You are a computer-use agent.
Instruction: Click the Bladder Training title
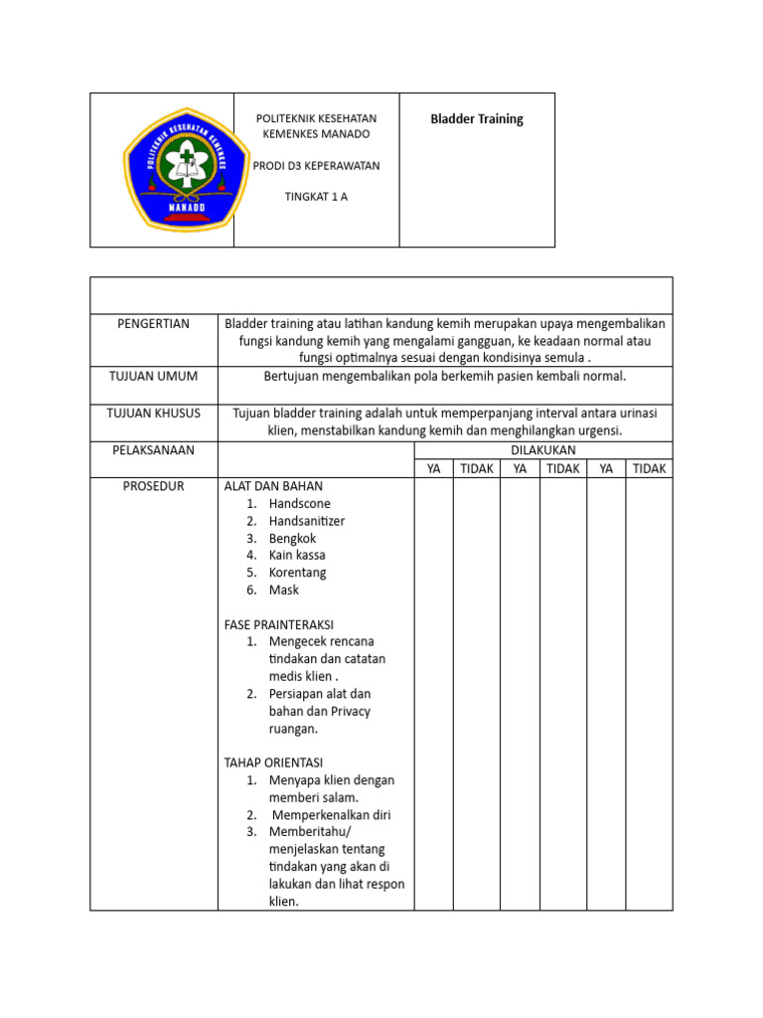point(476,119)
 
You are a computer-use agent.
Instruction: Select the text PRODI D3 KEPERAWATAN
point(316,165)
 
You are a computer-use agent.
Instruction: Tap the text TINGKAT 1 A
point(316,196)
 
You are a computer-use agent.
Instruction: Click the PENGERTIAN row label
point(153,324)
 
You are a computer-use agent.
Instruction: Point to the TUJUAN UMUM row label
point(153,376)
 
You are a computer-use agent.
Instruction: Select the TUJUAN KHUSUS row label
point(153,413)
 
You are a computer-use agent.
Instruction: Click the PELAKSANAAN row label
point(153,450)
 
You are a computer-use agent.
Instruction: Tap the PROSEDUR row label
point(153,486)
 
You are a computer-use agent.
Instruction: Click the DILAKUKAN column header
point(542,450)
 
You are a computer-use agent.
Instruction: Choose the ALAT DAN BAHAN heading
point(273,486)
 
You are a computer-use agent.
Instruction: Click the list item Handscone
point(299,504)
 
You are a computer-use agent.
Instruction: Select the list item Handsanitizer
point(306,521)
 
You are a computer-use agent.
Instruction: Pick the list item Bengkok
point(292,538)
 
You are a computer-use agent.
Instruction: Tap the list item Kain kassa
point(296,555)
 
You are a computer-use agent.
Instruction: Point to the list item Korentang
point(297,573)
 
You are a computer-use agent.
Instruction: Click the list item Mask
point(283,590)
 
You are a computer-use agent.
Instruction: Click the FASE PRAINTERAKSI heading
point(279,624)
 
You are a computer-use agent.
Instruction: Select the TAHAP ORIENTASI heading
point(274,763)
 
